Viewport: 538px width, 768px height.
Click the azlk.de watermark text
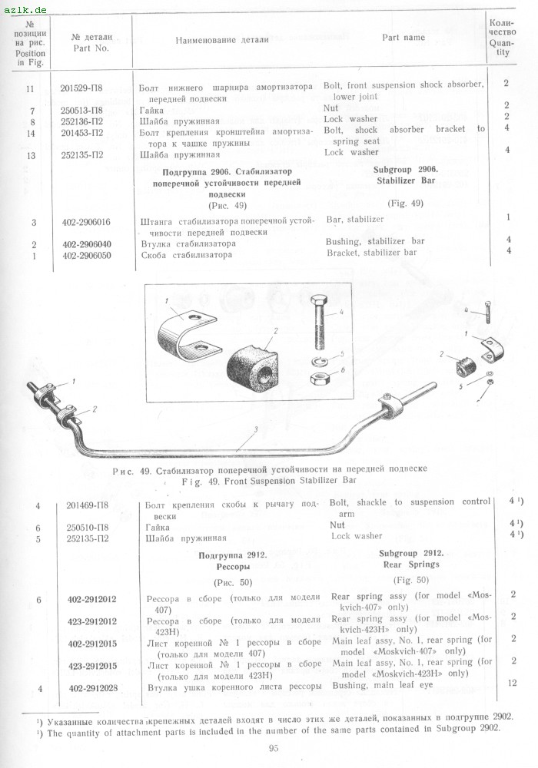coord(25,8)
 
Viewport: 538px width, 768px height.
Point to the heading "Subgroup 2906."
coord(407,168)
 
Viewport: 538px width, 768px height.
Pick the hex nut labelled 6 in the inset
coord(318,378)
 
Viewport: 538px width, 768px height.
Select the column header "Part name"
coord(403,37)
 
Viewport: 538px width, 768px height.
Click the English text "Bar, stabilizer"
coord(355,220)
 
